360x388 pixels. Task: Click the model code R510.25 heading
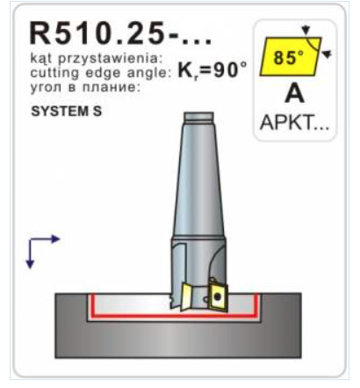point(119,32)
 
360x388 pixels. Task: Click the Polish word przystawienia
point(110,59)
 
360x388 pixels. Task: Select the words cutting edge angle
point(100,73)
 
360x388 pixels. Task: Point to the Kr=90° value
point(212,70)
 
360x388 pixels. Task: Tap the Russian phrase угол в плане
point(85,87)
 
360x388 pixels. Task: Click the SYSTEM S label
point(67,111)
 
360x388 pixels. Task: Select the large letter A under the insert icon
point(294,94)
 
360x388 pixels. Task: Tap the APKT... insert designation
point(294,122)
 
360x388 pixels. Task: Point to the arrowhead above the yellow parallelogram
point(306,30)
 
